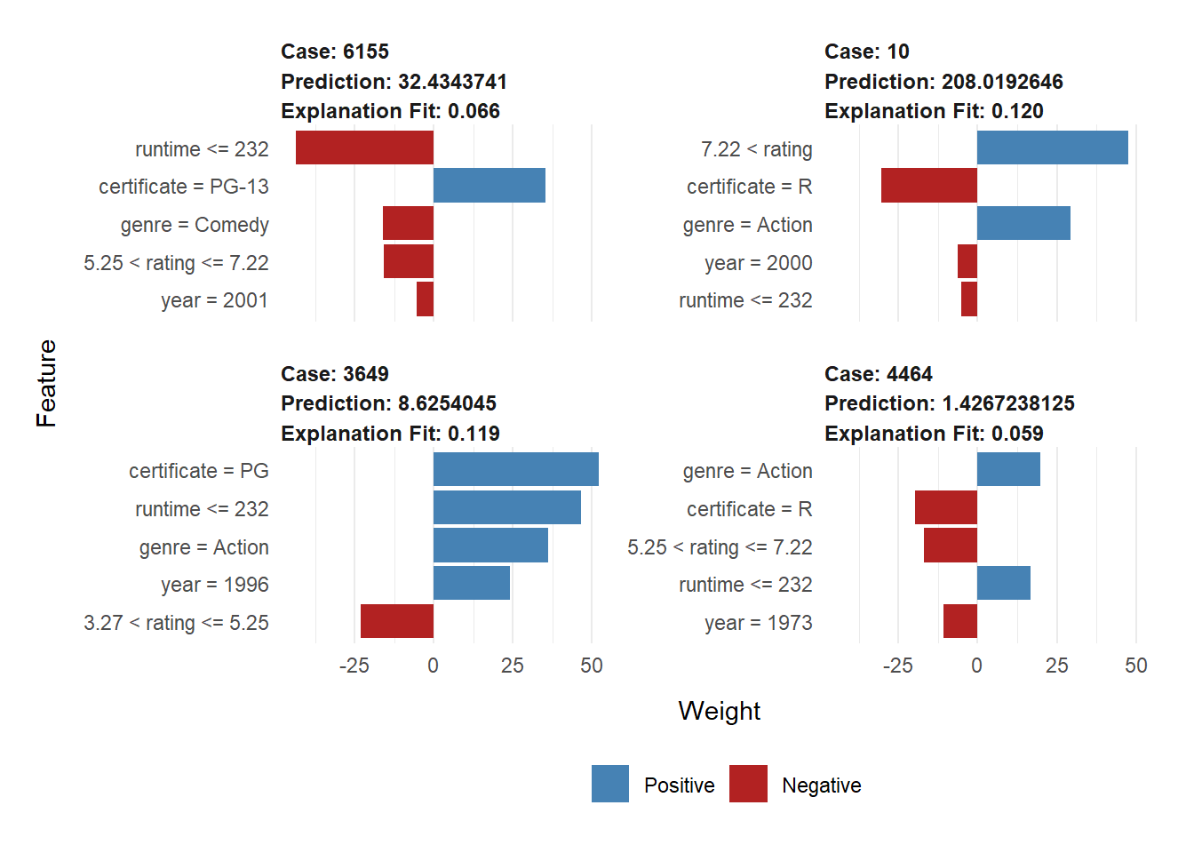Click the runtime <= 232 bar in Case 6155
[364, 147]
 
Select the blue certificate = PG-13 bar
[490, 186]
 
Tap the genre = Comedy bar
[408, 223]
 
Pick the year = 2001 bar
[425, 299]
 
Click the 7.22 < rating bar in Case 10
[1053, 147]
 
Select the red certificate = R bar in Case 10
[929, 186]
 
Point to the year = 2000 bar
[967, 261]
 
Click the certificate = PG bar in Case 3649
[516, 469]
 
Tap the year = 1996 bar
[472, 583]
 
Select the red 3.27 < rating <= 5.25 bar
[397, 621]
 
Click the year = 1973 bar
[960, 621]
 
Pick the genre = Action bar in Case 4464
[1008, 469]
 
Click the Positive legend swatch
[610, 784]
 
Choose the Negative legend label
[822, 785]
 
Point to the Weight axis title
[719, 711]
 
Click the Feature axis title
[46, 383]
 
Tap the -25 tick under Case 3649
[354, 666]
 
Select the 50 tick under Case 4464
[1136, 666]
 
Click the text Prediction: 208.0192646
[943, 82]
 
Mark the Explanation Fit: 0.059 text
[934, 434]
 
